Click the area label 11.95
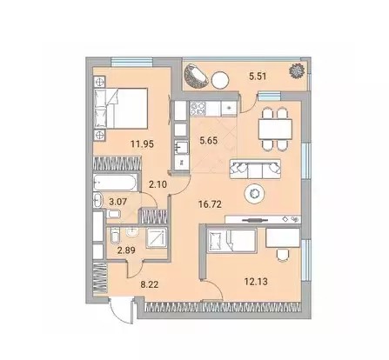[x=142, y=144]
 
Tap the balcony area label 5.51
[x=258, y=77]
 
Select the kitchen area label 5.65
[x=209, y=141]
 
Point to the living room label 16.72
[x=210, y=204]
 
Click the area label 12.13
[x=256, y=281]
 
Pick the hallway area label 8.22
[x=150, y=284]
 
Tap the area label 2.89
[x=126, y=250]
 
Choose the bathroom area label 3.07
[x=117, y=202]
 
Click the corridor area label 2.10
[x=158, y=184]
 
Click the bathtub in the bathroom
[x=116, y=182]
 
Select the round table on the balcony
[x=220, y=80]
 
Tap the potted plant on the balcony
[x=297, y=70]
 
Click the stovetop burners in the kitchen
[x=198, y=108]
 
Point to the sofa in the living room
[x=255, y=169]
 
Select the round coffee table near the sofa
[x=255, y=193]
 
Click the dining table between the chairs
[x=275, y=130]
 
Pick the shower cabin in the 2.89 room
[x=157, y=237]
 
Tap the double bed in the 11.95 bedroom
[x=121, y=109]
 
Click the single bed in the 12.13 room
[x=232, y=240]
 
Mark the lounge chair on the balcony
[x=196, y=75]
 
